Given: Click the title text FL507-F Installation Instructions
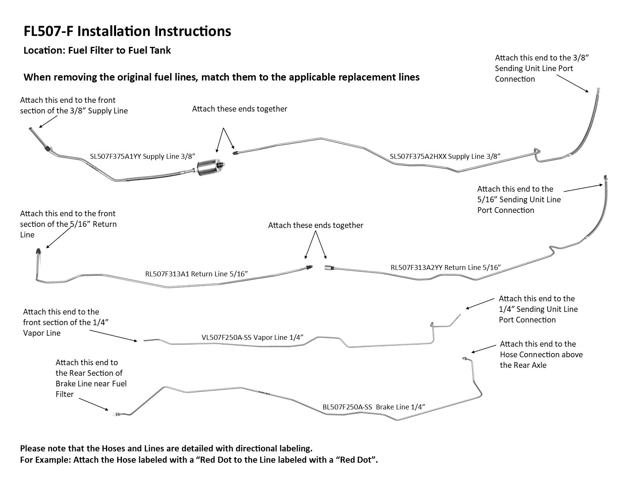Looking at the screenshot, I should click(127, 31).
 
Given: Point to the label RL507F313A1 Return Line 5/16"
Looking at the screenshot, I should click(196, 274).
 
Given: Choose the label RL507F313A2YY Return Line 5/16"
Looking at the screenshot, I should click(445, 267).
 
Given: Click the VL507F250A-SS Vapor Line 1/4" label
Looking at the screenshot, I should click(253, 337).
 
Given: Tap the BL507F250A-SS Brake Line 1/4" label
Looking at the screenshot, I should click(374, 407).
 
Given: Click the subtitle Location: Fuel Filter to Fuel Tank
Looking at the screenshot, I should click(97, 50).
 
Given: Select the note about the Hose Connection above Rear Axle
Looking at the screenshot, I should click(541, 354).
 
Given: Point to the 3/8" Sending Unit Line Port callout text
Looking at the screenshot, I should click(542, 68).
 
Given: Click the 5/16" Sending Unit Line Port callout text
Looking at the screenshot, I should click(519, 199).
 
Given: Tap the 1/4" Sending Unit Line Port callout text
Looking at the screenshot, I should click(538, 309).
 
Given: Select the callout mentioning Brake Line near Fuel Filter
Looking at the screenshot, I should click(91, 378).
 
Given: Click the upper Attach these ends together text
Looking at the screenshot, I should click(239, 109).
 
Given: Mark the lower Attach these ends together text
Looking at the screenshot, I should click(315, 225).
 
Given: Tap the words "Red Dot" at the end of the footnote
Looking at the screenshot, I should click(358, 460).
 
